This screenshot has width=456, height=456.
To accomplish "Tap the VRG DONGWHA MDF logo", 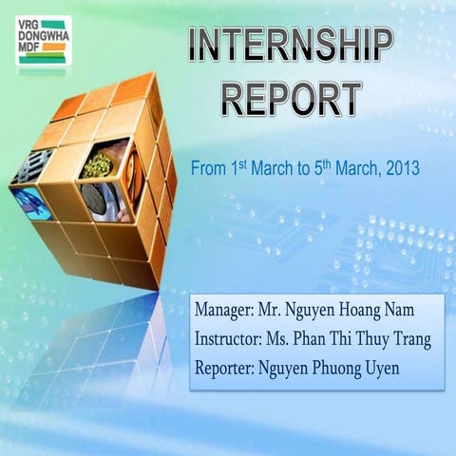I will tap(43, 41).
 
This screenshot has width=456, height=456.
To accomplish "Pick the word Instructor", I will tap(231, 339).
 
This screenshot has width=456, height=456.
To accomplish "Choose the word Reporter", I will tap(228, 367).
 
